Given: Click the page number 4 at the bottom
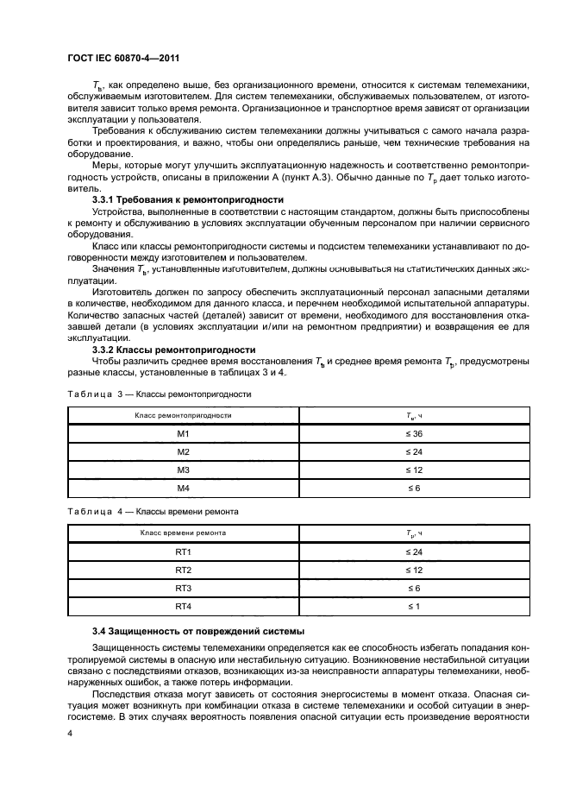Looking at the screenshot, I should (70, 732).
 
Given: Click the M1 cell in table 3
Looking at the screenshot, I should (183, 433).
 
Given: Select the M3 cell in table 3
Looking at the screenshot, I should (183, 470).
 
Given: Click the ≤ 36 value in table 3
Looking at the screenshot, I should (413, 433).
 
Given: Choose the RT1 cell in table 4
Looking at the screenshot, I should (183, 552).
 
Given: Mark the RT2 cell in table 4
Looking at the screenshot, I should (183, 570).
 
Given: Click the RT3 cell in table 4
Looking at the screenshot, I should (183, 588).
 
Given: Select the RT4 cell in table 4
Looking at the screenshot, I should (183, 606).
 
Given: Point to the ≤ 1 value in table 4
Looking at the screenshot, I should (413, 606).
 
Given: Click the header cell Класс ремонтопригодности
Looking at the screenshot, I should (183, 415).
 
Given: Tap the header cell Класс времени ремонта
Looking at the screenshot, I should (183, 533).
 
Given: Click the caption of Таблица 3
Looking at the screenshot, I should (159, 394).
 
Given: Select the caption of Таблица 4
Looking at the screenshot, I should (153, 512).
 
